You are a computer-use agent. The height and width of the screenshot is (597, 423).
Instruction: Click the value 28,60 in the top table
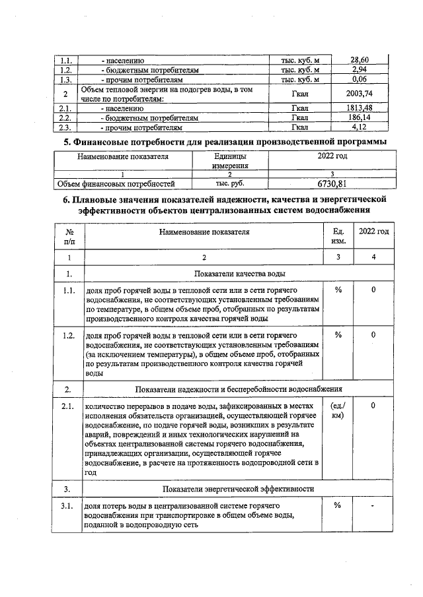click(x=360, y=61)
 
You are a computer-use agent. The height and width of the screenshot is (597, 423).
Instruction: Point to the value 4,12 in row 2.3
click(x=360, y=127)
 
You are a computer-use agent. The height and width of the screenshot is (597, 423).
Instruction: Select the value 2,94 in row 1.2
click(x=360, y=70)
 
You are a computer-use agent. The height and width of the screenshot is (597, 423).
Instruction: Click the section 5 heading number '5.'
click(x=67, y=142)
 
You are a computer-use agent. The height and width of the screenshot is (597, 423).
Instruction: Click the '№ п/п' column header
click(x=69, y=237)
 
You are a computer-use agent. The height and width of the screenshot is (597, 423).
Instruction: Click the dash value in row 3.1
click(x=373, y=506)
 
